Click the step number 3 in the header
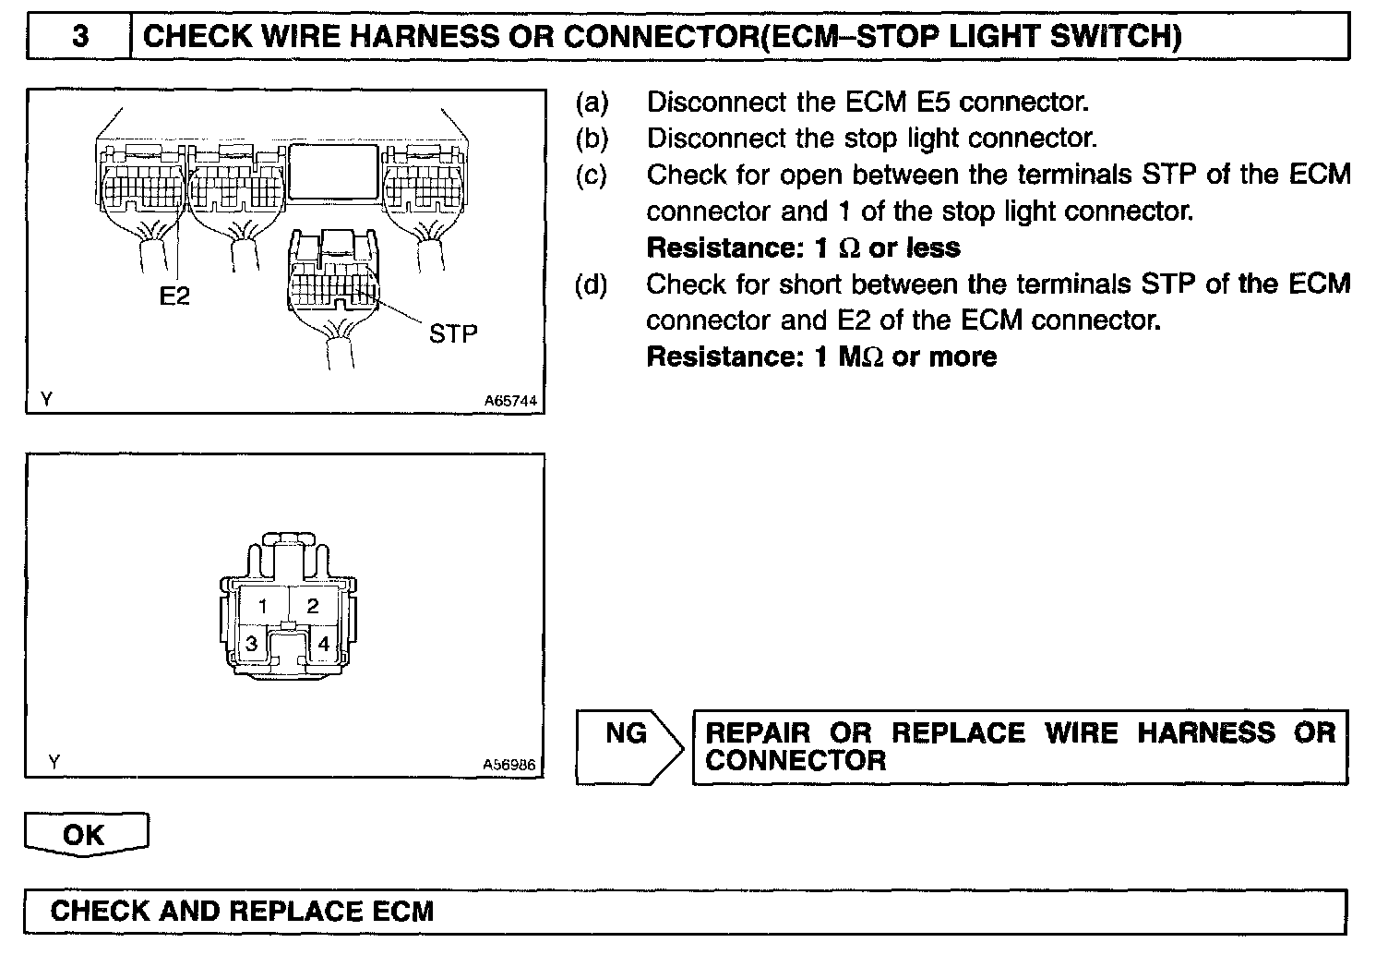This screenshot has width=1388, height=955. click(80, 36)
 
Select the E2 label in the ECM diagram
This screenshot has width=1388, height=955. click(174, 296)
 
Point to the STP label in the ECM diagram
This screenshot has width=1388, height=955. click(453, 333)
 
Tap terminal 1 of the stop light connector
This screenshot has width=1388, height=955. click(263, 606)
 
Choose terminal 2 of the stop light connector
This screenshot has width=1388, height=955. click(313, 606)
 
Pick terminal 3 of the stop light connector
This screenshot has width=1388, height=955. click(251, 644)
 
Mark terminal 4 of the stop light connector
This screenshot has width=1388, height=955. click(323, 644)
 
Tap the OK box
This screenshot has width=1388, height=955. click(85, 835)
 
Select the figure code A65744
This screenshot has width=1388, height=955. click(509, 402)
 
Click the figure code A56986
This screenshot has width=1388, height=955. click(509, 765)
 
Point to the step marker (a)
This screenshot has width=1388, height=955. click(592, 102)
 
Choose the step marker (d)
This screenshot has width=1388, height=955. click(592, 284)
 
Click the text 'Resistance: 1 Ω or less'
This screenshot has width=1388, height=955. click(803, 248)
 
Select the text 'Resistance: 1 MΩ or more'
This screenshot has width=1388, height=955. click(821, 357)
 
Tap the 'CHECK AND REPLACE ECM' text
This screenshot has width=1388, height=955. click(242, 912)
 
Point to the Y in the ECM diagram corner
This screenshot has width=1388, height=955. click(47, 399)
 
